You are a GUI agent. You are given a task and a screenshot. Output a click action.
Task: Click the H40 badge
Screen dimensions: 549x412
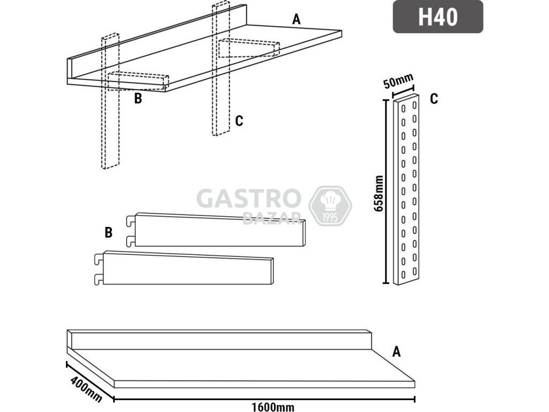pyautogui.click(x=437, y=17)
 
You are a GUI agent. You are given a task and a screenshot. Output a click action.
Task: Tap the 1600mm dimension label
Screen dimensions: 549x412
pyautogui.click(x=273, y=407)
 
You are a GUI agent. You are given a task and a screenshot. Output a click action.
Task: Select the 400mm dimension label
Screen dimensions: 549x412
pyautogui.click(x=86, y=389)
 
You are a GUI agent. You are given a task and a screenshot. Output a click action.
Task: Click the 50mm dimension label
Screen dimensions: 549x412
pyautogui.click(x=398, y=81)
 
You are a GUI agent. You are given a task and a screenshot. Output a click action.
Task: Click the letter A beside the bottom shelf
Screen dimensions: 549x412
pyautogui.click(x=396, y=351)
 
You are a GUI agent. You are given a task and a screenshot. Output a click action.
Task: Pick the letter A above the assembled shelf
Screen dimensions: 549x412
pyautogui.click(x=296, y=19)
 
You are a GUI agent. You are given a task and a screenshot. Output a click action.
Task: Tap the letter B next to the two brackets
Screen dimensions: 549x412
pyautogui.click(x=108, y=232)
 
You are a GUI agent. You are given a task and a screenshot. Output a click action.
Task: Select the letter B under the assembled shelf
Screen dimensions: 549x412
pyautogui.click(x=138, y=99)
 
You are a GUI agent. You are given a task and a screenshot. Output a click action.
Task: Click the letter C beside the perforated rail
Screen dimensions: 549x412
pyautogui.click(x=434, y=99)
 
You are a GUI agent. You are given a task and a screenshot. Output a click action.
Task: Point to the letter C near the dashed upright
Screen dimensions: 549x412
pyautogui.click(x=239, y=121)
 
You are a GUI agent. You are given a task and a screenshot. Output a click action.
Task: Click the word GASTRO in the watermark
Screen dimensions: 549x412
pyautogui.click(x=249, y=198)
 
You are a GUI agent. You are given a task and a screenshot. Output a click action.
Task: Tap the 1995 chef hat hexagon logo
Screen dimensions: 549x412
pyautogui.click(x=330, y=206)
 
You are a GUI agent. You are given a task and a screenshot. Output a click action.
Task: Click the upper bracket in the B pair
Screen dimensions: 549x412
pyautogui.click(x=216, y=230)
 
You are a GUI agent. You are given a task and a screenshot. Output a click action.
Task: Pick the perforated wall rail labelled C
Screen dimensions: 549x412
pyautogui.click(x=406, y=189)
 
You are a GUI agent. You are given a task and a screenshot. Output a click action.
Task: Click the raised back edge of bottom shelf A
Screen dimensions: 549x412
pyautogui.click(x=219, y=340)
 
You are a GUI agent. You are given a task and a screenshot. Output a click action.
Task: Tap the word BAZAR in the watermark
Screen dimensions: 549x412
pyautogui.click(x=272, y=219)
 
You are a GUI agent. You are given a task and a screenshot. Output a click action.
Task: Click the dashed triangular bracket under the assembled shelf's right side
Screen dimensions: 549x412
pyautogui.click(x=249, y=48)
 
